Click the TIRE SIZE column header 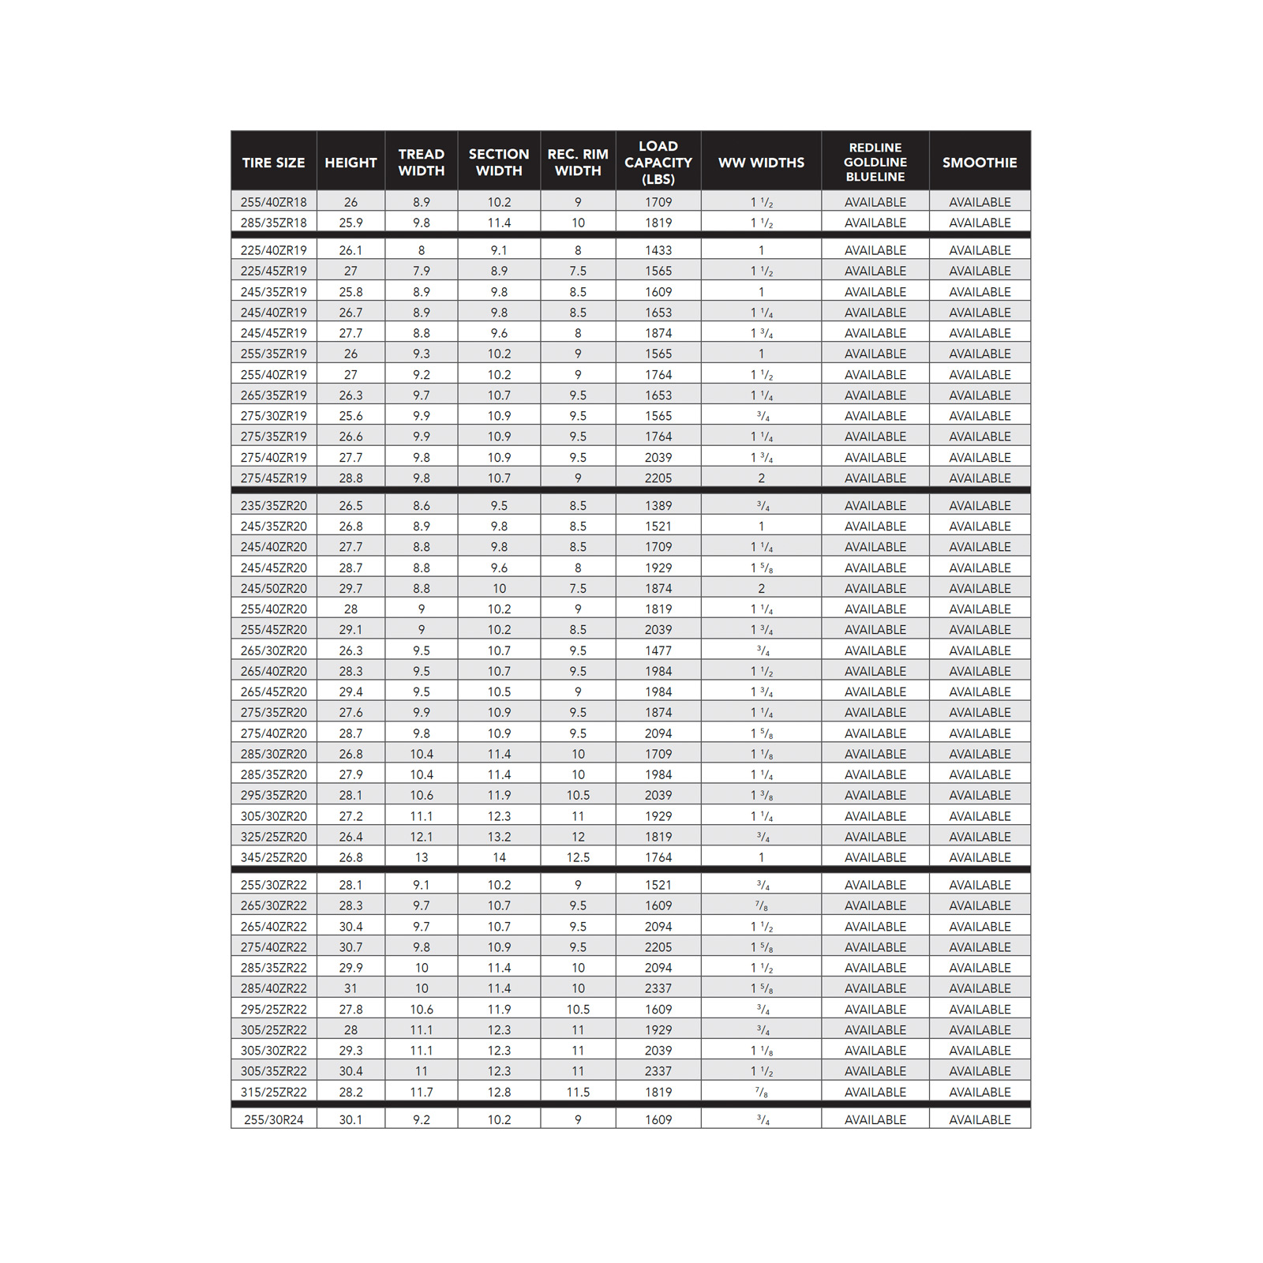coord(273,163)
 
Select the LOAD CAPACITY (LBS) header coord(658,163)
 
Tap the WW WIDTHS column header coord(761,163)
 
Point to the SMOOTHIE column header coord(979,163)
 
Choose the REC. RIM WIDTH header coord(578,163)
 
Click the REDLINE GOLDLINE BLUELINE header coord(875,163)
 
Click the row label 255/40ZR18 coord(273,202)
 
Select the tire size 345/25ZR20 coord(273,857)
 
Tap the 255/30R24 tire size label coord(273,1119)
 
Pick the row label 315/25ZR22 coord(273,1092)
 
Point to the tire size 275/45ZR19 coord(273,478)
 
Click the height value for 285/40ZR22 coord(350,988)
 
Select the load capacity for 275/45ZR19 coord(658,478)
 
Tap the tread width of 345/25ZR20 coord(421,857)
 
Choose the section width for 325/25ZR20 coord(499,837)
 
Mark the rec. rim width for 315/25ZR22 coord(578,1092)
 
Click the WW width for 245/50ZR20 coord(761,588)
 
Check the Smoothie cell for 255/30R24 coord(979,1119)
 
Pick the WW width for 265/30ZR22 coord(761,905)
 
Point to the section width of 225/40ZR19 coord(499,250)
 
